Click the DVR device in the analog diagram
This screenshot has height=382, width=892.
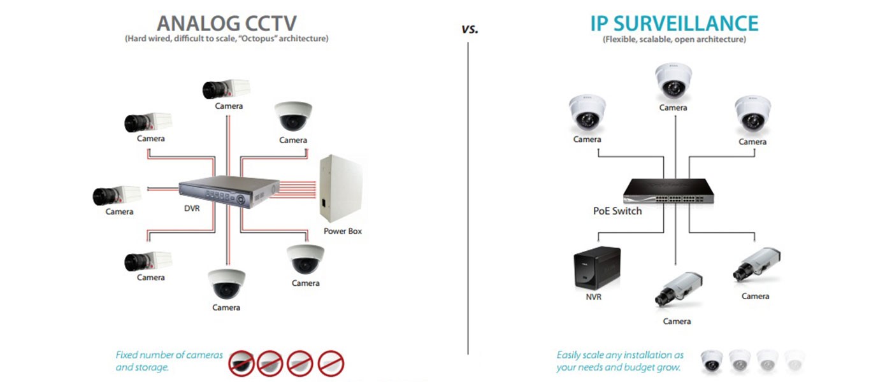[229, 192]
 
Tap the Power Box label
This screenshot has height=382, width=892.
[343, 231]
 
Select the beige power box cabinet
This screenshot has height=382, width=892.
[342, 188]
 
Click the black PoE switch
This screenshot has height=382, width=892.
[668, 191]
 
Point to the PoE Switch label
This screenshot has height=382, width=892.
[617, 211]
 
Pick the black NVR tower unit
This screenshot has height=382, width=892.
[597, 268]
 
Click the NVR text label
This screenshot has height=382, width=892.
[593, 297]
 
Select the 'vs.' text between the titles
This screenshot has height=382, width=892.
[470, 29]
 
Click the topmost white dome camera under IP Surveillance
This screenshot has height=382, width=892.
[673, 81]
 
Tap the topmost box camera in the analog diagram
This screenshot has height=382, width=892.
[226, 88]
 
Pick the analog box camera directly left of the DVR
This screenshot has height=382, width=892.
[117, 195]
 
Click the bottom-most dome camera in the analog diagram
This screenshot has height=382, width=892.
[226, 284]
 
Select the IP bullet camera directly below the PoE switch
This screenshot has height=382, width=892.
[679, 289]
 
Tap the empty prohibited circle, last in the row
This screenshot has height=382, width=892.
[331, 364]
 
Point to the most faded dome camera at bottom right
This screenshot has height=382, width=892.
[795, 361]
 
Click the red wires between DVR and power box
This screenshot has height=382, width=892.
[298, 189]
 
